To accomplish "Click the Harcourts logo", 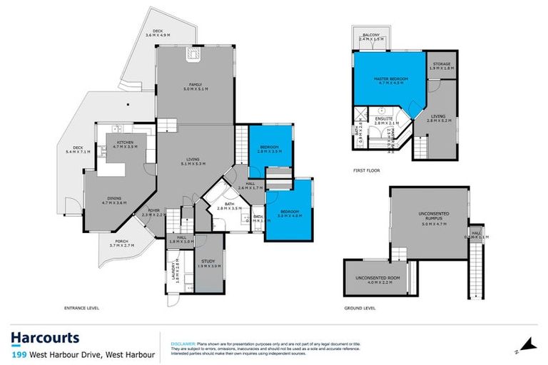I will (44, 338).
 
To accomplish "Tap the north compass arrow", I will (527, 344).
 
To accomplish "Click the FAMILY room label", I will (195, 84).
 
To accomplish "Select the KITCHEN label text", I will (126, 143).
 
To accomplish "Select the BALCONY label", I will (370, 35).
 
